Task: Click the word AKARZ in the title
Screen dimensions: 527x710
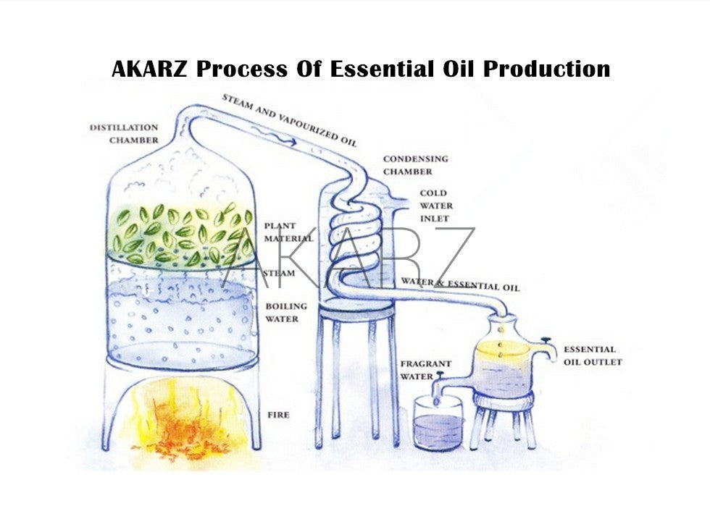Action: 150,69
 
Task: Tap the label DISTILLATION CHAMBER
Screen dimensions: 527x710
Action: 124,134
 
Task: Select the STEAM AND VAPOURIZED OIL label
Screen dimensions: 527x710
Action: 289,119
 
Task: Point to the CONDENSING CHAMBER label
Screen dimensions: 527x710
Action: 415,165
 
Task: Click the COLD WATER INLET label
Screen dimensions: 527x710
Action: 434,206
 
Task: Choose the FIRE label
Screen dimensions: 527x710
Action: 278,415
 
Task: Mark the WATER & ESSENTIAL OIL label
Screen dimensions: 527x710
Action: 460,284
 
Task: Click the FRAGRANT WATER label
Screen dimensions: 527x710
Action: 425,370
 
